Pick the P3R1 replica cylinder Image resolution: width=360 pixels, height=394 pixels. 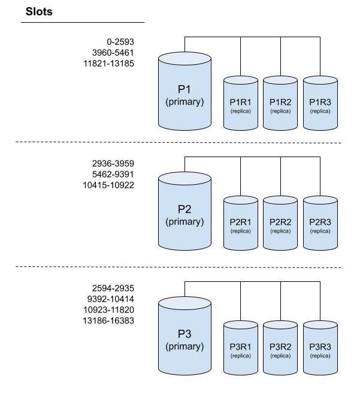click(240, 348)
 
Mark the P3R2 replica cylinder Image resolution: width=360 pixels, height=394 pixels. click(280, 348)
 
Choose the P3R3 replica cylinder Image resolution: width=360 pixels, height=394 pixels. click(320, 348)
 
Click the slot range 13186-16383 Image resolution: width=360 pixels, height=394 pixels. click(109, 321)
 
